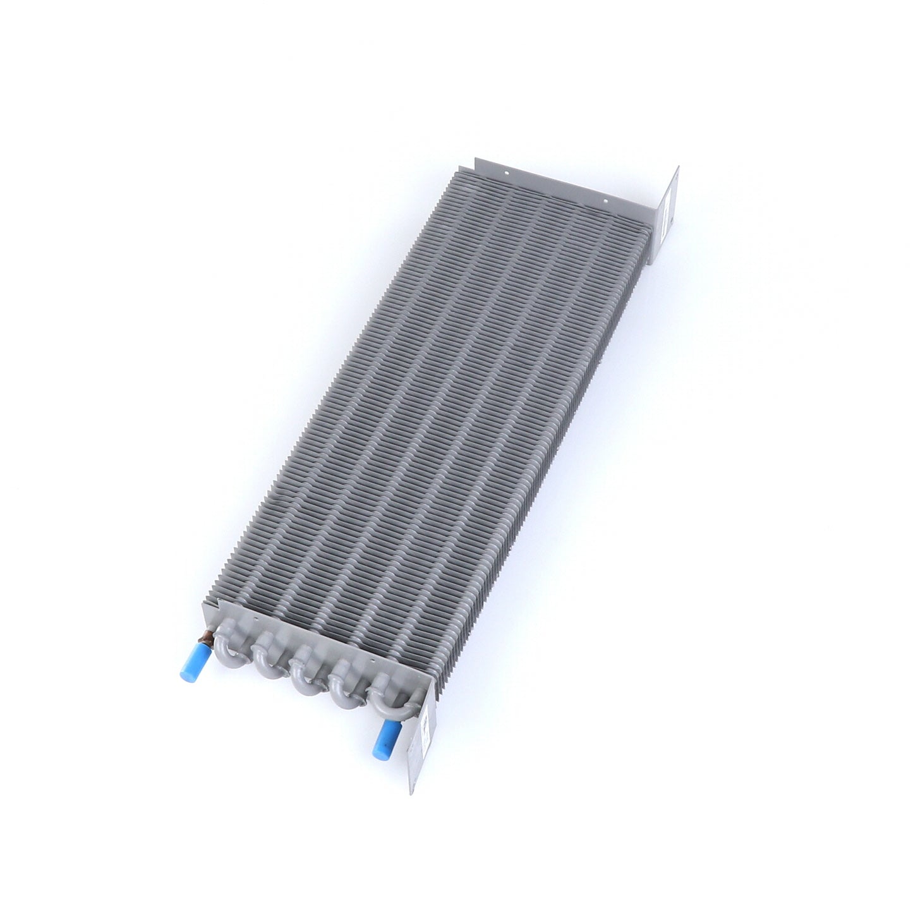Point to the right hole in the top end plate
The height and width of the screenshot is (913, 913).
(x=605, y=203)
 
